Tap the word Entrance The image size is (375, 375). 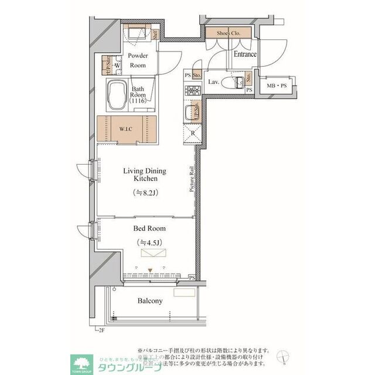click(x=245, y=54)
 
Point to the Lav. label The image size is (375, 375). click(x=214, y=82)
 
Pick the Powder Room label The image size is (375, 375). click(x=138, y=60)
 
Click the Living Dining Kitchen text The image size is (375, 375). click(x=144, y=174)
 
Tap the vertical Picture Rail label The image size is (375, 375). click(x=191, y=179)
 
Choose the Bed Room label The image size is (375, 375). click(x=150, y=229)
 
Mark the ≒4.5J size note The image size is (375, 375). click(x=149, y=242)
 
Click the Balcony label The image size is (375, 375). click(x=150, y=301)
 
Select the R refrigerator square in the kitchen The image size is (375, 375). click(x=193, y=133)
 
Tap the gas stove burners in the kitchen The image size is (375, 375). click(x=192, y=91)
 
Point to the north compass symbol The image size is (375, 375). click(x=285, y=355)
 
